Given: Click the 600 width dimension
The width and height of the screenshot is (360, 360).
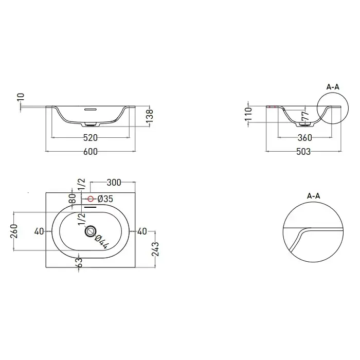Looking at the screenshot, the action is (x=90, y=152).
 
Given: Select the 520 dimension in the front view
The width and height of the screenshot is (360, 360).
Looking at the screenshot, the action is (x=90, y=138).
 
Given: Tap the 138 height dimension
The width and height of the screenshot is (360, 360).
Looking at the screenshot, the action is (x=150, y=116).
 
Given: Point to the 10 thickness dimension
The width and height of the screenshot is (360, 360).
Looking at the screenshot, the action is (x=21, y=97).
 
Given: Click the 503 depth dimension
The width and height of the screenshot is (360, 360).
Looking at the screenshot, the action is (x=303, y=152).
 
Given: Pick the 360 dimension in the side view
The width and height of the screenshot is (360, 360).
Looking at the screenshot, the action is (x=305, y=138).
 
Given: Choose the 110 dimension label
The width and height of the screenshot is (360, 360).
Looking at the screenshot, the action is (x=248, y=114).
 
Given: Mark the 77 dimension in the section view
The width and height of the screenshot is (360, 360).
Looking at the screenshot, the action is (x=305, y=116).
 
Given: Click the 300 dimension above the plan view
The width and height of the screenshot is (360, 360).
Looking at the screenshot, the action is (x=114, y=183).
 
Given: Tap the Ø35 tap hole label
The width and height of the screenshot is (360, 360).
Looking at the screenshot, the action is (x=105, y=199).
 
